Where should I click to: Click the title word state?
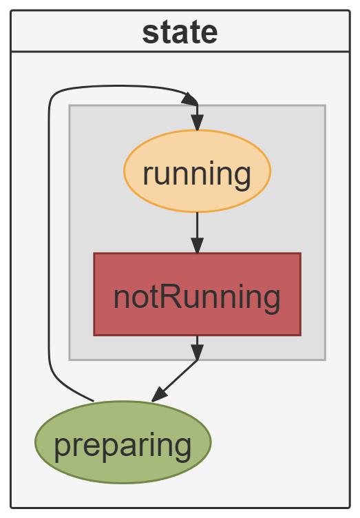tap(180, 32)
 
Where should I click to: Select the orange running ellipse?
tap(198, 171)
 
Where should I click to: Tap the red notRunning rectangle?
tap(198, 294)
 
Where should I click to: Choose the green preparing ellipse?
tap(123, 442)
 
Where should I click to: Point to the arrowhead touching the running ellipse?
tap(198, 123)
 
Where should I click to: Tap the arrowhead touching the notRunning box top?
tap(198, 245)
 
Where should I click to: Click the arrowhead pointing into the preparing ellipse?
tap(160, 395)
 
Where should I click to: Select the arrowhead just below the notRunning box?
tap(198, 352)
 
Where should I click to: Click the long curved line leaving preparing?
tap(50, 231)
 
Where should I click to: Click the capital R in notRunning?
tap(170, 297)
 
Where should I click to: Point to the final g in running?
tap(244, 177)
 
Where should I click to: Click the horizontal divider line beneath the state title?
tap(180, 52)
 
